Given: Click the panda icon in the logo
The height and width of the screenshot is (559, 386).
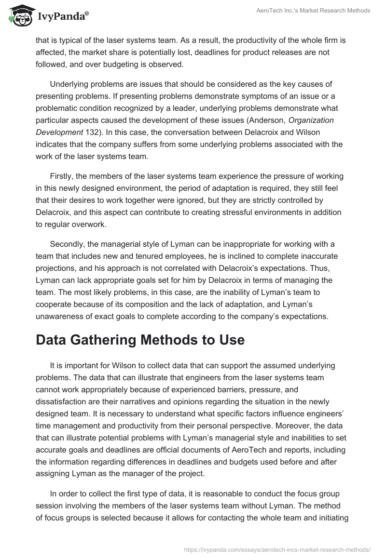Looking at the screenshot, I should click(x=19, y=16).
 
